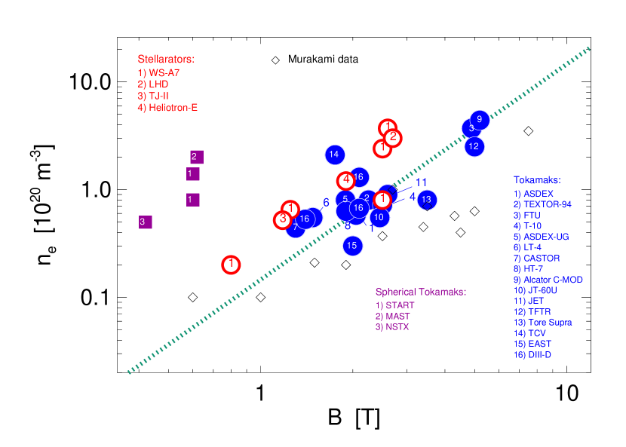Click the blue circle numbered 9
pos(480,119)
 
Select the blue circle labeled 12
pos(474,146)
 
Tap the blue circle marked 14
pos(335,155)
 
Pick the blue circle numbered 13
pos(427,200)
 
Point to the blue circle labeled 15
pos(352,245)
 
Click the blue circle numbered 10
pos(379,218)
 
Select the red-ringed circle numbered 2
pos(392,137)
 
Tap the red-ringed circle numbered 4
pos(345,181)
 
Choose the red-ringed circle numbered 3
pos(282,219)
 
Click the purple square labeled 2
pos(196,157)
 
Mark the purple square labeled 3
pos(145,222)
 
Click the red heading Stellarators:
pos(166,59)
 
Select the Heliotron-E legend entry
pos(167,108)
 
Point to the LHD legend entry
pos(153,84)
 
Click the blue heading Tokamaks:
pos(537,180)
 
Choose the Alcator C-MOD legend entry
pos(548,280)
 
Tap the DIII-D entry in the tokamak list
pos(532,355)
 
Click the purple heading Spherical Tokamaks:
pos(421,292)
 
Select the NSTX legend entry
pos(392,327)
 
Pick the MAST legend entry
pos(392,317)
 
